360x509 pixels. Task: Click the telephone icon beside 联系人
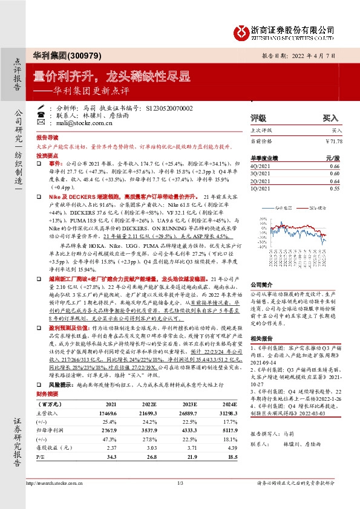(41, 114)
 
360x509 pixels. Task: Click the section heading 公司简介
(263, 267)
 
